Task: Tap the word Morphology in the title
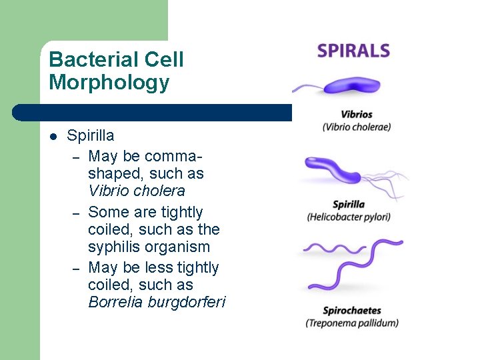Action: [109, 83]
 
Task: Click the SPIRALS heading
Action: [353, 51]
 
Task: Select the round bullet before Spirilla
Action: [54, 137]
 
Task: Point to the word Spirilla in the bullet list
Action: [91, 136]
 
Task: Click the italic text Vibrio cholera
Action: [137, 191]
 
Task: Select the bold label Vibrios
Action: [357, 114]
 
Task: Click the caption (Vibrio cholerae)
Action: [357, 127]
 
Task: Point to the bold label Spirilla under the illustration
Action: [349, 204]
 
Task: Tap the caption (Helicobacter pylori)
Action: [349, 217]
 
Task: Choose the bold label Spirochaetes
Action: [352, 311]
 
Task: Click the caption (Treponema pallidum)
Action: [352, 323]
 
